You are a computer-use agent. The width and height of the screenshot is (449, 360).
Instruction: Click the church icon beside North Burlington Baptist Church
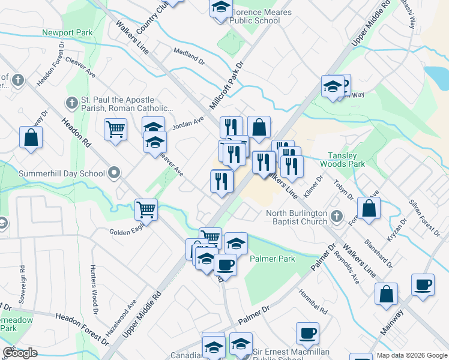pos(337,215)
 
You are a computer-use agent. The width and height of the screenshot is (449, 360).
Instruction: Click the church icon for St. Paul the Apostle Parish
pos(71,102)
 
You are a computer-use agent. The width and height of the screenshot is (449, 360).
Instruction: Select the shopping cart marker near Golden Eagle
pos(146,210)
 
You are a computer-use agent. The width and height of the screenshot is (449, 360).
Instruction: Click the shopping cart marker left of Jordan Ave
pos(115,129)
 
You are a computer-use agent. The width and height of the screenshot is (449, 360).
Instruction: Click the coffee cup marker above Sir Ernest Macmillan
pos(307,333)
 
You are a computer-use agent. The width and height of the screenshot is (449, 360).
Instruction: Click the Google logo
pos(20,353)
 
